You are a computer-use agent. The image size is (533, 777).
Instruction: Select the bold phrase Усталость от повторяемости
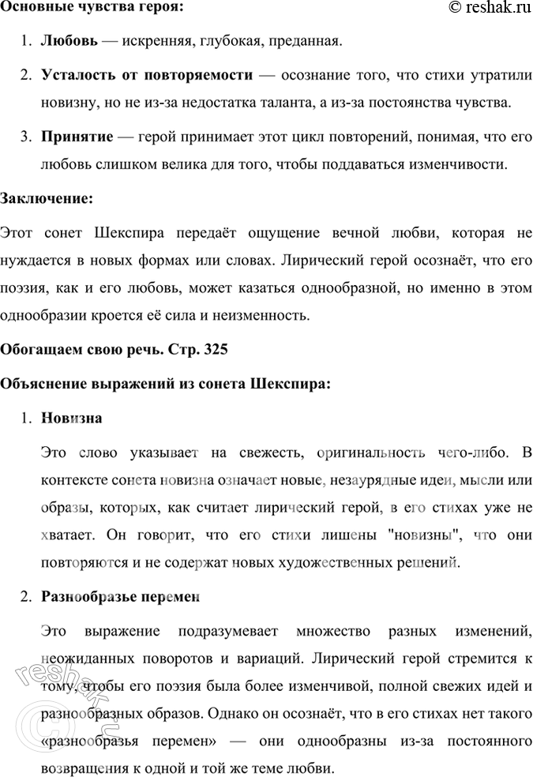[x=147, y=75]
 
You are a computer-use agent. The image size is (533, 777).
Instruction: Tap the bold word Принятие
[x=73, y=137]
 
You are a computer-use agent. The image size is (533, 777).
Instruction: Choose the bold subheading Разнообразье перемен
[x=119, y=597]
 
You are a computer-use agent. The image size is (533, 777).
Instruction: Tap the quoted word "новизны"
[x=422, y=535]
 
